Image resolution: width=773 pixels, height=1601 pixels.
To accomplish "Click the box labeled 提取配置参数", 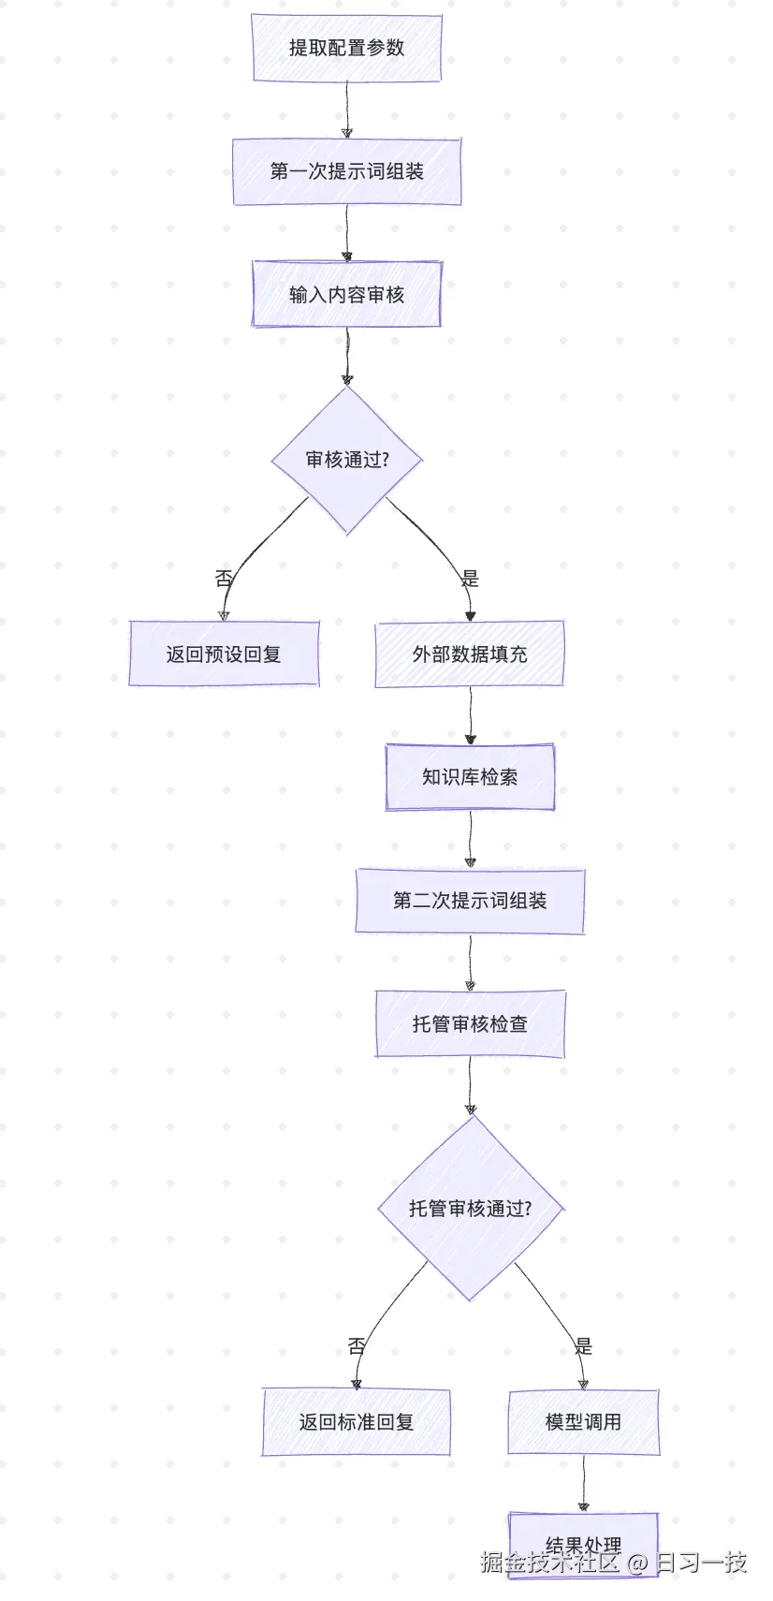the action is pyautogui.click(x=346, y=48).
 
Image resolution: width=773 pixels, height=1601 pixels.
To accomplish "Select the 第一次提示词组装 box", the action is pyautogui.click(x=346, y=171).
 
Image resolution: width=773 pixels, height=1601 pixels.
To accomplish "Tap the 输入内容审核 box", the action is pyautogui.click(x=346, y=294).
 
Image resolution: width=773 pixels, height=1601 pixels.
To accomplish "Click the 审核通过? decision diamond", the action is pyautogui.click(x=346, y=460).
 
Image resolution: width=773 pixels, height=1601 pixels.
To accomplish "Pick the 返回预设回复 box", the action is pyautogui.click(x=224, y=654).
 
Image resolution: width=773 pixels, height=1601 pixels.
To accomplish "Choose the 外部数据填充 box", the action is pyautogui.click(x=470, y=654).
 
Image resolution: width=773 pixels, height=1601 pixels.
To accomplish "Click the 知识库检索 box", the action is pyautogui.click(x=470, y=776).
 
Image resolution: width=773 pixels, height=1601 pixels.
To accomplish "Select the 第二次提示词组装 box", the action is pyautogui.click(x=470, y=901).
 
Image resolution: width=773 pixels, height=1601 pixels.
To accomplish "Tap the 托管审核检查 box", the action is pyautogui.click(x=470, y=1023).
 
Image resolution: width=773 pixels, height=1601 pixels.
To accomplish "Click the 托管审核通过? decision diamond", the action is pyautogui.click(x=470, y=1208).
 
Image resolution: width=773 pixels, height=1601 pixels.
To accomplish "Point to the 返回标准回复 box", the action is pyautogui.click(x=356, y=1421).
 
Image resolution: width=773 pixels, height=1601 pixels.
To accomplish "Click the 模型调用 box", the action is pyautogui.click(x=583, y=1421).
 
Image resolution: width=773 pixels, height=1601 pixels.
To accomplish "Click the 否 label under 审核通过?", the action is pyautogui.click(x=223, y=579).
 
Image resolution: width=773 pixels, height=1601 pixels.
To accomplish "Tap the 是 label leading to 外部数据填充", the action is pyautogui.click(x=470, y=579).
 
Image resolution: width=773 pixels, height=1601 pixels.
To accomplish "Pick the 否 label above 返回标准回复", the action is pyautogui.click(x=356, y=1346).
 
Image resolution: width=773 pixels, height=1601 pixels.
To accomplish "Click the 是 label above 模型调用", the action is pyautogui.click(x=583, y=1346).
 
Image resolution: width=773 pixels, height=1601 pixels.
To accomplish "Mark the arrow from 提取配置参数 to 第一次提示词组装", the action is pyautogui.click(x=346, y=110).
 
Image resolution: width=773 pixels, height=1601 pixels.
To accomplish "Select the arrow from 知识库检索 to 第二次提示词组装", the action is pyautogui.click(x=470, y=839).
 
